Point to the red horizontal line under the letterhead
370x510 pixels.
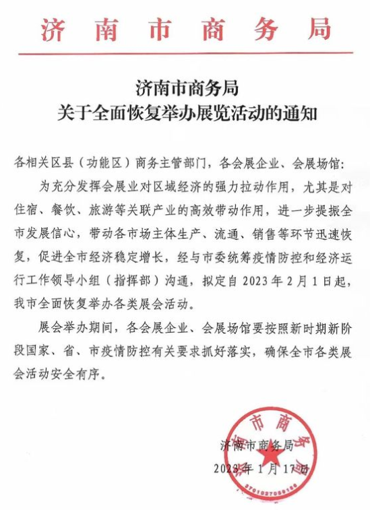[x=185, y=53]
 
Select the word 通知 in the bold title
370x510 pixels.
[x=300, y=113]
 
